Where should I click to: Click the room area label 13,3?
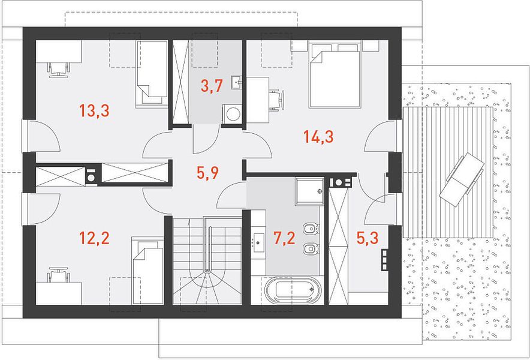tap(94, 110)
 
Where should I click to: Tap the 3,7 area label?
tap(211, 86)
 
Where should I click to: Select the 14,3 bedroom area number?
tap(318, 137)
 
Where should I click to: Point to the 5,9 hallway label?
tap(207, 173)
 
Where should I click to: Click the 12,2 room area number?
tap(94, 238)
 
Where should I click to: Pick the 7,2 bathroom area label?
tap(284, 238)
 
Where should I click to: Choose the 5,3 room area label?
tap(368, 238)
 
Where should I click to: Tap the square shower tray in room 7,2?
tap(309, 191)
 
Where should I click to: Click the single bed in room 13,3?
tap(152, 74)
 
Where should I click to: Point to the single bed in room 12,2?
tap(147, 271)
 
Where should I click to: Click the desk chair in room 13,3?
tap(59, 70)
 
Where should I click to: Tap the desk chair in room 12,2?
tap(59, 274)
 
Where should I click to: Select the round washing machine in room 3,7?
tap(233, 113)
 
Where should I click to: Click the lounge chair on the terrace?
tap(462, 179)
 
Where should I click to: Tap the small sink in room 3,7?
tap(236, 82)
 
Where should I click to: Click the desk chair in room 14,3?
tap(277, 100)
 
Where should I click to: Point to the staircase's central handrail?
tap(209, 249)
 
